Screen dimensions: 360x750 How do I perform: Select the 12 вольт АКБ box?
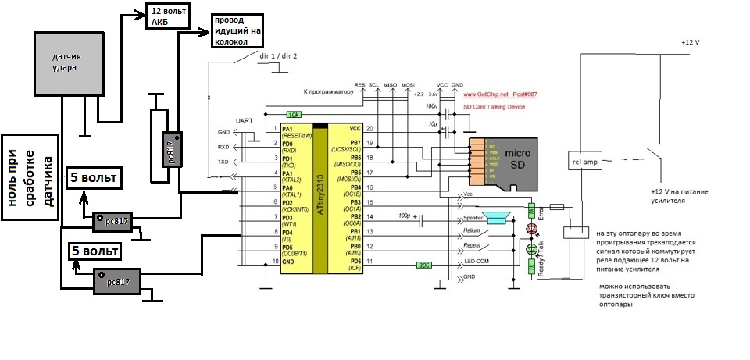coord(166,15)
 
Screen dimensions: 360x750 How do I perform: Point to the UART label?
coord(243,121)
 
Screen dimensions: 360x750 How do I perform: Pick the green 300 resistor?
coord(426,264)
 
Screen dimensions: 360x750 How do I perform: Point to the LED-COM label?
coord(478,260)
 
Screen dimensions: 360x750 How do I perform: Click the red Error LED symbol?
coord(534,229)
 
